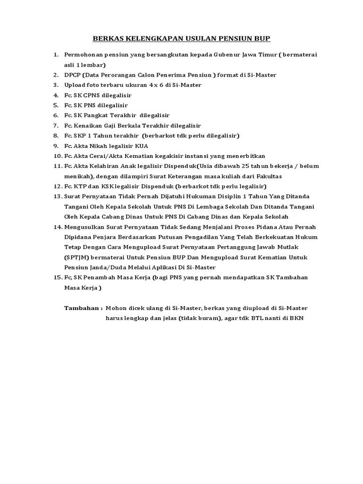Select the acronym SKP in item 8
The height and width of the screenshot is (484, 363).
click(80, 136)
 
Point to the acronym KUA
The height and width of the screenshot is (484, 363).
click(141, 146)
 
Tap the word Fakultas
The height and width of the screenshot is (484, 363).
click(282, 176)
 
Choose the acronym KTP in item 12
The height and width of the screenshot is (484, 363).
click(78, 186)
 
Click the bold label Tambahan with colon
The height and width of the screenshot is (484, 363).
click(83, 308)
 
